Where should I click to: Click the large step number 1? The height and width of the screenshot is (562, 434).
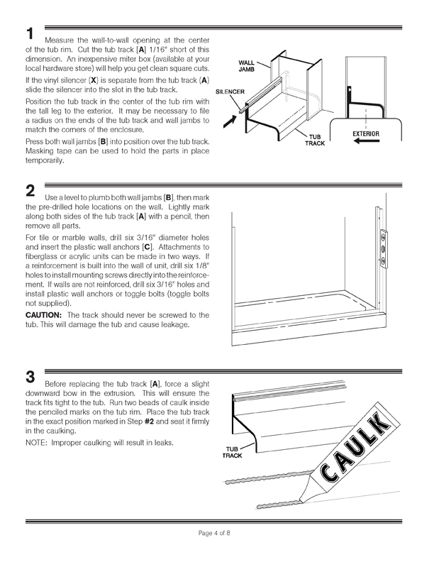(30, 34)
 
